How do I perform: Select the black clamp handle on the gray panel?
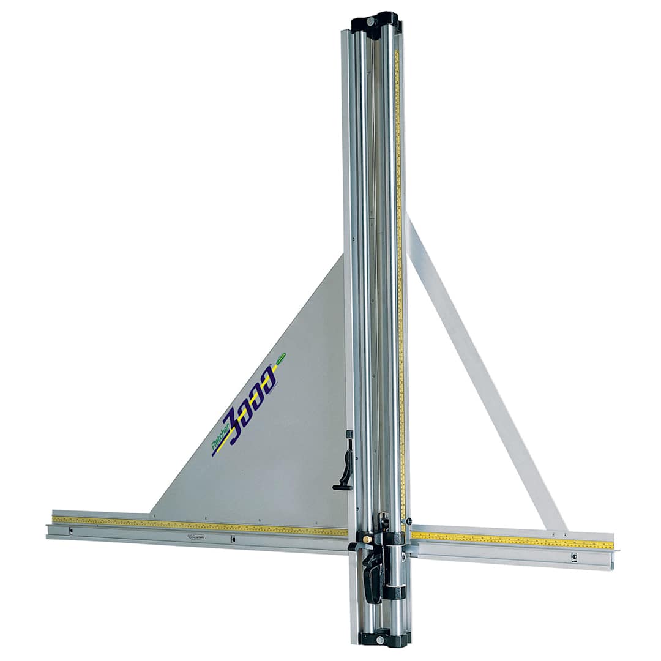coord(346,465)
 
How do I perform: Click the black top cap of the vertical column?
coord(375,23)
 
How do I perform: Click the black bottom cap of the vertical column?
coord(384,638)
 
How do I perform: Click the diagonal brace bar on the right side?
coord(484,373)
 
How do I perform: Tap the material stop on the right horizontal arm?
coord(574,557)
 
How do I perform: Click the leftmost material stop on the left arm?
coord(70,531)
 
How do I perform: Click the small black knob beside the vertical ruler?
coord(408,521)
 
